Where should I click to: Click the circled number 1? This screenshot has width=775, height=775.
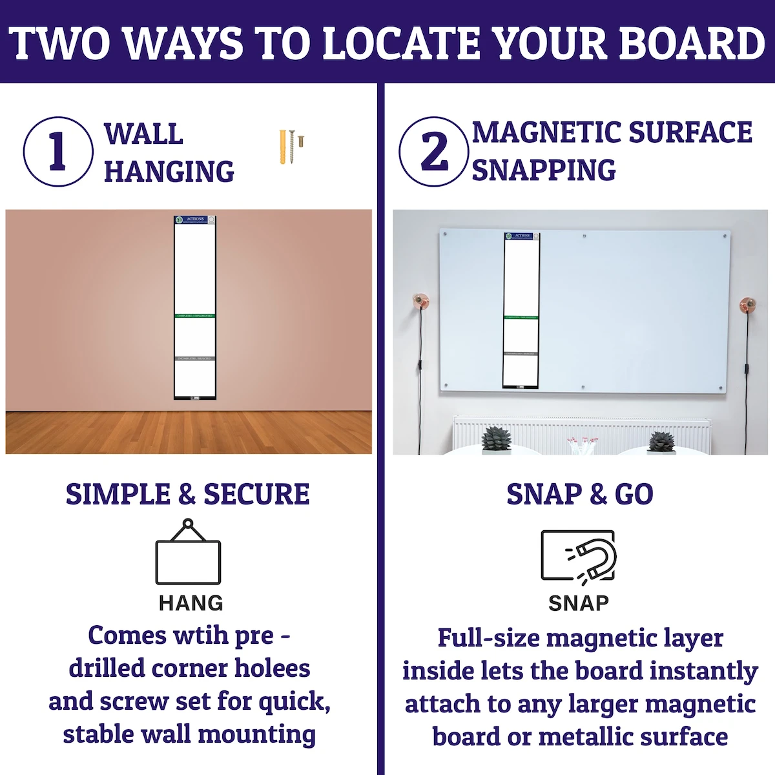(57, 152)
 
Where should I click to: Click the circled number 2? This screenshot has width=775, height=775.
(433, 152)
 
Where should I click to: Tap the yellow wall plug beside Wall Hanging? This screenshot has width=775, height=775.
(283, 147)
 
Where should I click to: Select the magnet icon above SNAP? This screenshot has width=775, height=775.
(579, 556)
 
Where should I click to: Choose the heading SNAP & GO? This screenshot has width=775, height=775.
(579, 494)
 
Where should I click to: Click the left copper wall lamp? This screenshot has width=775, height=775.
(421, 302)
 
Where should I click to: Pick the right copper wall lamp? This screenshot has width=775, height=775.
(749, 302)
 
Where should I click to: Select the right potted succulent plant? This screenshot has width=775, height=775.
(661, 442)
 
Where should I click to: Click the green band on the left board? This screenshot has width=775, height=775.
(194, 316)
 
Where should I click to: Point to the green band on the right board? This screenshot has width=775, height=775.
(521, 317)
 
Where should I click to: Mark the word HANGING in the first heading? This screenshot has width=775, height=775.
(169, 171)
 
